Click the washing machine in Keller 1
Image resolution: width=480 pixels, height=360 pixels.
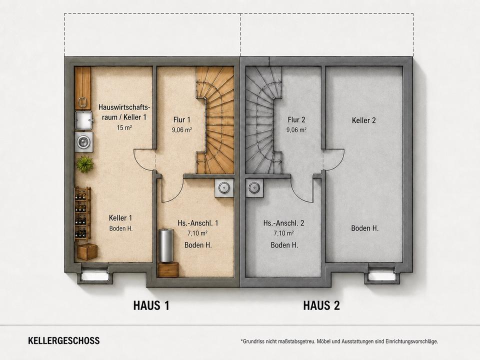(x=83, y=141)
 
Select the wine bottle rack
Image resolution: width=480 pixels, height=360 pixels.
(x=82, y=214)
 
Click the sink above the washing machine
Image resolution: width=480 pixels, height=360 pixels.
(x=83, y=120)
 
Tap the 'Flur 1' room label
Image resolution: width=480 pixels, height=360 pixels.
(x=182, y=119)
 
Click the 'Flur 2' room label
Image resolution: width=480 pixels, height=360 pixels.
(x=296, y=119)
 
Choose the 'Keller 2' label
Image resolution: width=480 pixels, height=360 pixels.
(x=363, y=120)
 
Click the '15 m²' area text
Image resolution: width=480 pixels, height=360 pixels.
(x=124, y=127)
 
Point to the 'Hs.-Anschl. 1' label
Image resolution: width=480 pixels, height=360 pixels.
(x=198, y=223)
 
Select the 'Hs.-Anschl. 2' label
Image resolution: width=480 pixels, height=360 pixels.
(x=284, y=223)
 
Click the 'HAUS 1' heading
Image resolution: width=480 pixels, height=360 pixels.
(x=151, y=305)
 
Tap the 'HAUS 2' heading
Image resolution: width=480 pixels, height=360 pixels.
(x=321, y=305)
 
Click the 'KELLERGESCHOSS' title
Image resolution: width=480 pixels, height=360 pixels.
(x=63, y=340)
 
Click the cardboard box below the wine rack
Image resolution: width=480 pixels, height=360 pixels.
(x=87, y=252)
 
